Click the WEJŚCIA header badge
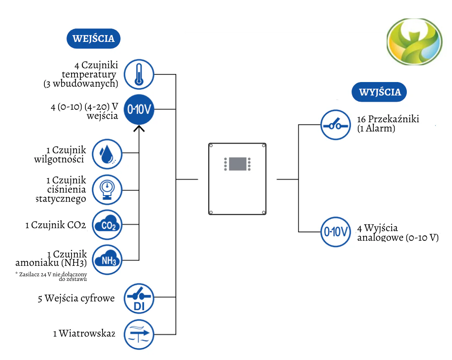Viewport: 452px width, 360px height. (x=93, y=39)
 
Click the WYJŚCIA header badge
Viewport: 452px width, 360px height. (x=379, y=92)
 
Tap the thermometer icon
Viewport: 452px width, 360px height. (x=139, y=75)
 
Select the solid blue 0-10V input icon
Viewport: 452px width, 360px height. (x=139, y=109)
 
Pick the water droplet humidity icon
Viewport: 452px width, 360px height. (x=107, y=154)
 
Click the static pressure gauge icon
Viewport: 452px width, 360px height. (x=107, y=190)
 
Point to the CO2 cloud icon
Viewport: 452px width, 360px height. (x=107, y=224)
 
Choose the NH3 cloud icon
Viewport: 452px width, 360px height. (x=107, y=260)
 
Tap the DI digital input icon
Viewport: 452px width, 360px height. (x=139, y=298)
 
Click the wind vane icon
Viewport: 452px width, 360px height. (x=139, y=334)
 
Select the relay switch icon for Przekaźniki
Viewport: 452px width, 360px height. (x=336, y=125)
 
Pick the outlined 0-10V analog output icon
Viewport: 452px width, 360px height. (x=336, y=232)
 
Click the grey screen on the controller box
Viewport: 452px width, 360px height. (x=238, y=164)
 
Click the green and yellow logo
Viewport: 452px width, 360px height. (x=414, y=41)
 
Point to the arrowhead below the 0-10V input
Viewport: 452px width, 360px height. (x=139, y=128)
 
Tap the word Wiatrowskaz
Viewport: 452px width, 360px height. (x=87, y=333)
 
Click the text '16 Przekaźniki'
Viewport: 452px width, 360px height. (x=388, y=119)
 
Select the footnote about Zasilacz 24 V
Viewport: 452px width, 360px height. (x=51, y=276)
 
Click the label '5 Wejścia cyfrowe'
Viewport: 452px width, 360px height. (x=77, y=298)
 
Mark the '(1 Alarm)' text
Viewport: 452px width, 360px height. (x=376, y=128)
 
